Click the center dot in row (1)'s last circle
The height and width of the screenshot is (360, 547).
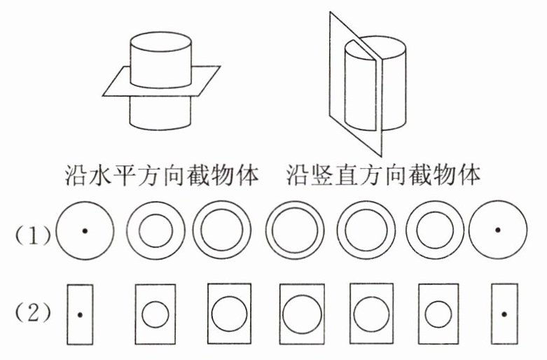(x=497, y=229)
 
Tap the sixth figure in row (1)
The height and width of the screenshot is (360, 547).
(x=436, y=230)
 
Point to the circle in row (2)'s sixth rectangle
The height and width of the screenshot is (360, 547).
(x=438, y=314)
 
